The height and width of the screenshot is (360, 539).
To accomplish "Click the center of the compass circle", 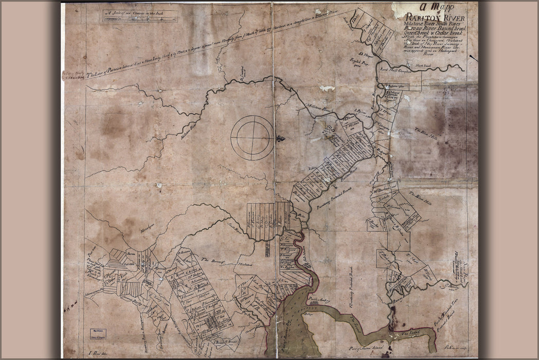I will [x=252, y=137].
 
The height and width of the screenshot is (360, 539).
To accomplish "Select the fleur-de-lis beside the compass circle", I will [x=280, y=138].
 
